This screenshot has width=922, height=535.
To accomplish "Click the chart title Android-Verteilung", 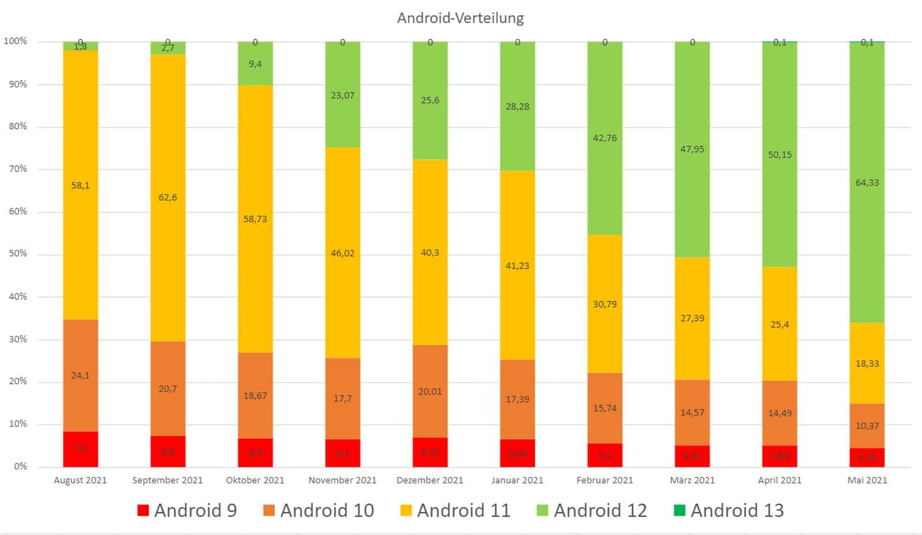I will tap(460, 18).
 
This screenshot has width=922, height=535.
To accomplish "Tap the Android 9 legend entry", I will tap(187, 510).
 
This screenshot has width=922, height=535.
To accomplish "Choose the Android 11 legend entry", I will tap(455, 510).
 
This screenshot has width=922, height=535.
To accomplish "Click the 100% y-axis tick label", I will tap(15, 41).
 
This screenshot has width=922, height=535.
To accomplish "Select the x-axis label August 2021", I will tap(80, 480).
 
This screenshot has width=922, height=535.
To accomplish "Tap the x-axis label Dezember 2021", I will tap(430, 480).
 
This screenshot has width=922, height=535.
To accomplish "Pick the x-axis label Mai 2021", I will tap(867, 480).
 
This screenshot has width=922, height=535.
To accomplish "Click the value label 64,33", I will tap(867, 182).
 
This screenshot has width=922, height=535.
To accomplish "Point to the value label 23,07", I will tap(342, 95).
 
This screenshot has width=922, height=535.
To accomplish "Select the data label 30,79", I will tap(605, 304).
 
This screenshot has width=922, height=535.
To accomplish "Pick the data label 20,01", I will tap(430, 391).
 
